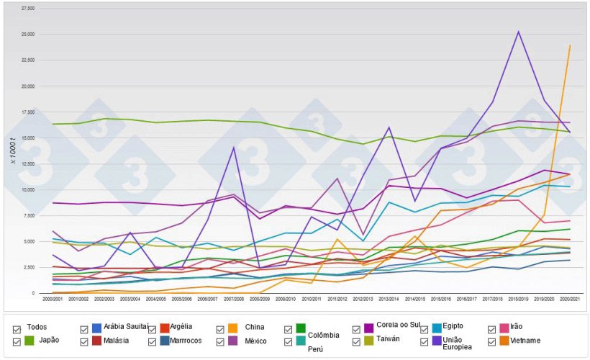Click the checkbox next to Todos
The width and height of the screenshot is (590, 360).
click(x=17, y=328)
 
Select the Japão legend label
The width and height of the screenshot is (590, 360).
click(x=49, y=340)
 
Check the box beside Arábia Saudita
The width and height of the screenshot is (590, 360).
click(x=85, y=328)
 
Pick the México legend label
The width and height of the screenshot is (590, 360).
click(x=257, y=340)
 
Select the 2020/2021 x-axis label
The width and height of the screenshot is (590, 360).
click(x=570, y=298)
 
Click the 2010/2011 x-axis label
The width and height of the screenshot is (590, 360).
click(x=312, y=298)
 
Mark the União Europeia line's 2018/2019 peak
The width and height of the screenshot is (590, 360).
click(x=518, y=31)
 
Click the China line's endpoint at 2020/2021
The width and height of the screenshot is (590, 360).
click(x=570, y=45)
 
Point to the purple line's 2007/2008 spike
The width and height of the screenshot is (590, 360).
click(x=233, y=148)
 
